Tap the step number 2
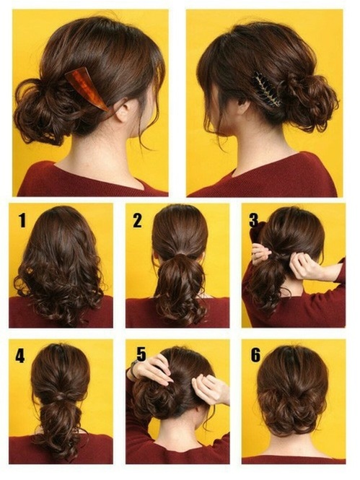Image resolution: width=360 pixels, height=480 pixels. pyautogui.click(x=137, y=221)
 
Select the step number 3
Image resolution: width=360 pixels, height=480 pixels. pyautogui.click(x=253, y=219)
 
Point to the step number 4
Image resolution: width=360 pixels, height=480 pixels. pyautogui.click(x=20, y=355)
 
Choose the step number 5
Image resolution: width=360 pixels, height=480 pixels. pyautogui.click(x=140, y=354)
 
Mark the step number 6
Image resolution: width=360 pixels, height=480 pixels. pyautogui.click(x=255, y=355)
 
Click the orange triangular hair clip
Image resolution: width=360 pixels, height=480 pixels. pyautogui.click(x=87, y=87)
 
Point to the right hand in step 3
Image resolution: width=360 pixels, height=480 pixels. pyautogui.click(x=307, y=267)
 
